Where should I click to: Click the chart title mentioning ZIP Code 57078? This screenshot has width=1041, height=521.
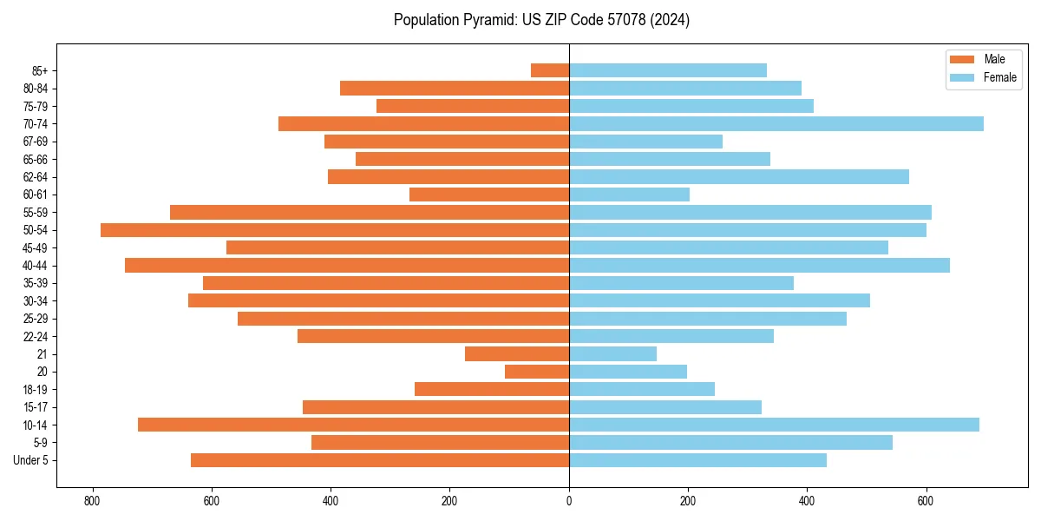[x=541, y=20]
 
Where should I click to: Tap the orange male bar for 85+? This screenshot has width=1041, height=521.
[x=550, y=70]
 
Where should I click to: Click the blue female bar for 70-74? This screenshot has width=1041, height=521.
[x=776, y=123]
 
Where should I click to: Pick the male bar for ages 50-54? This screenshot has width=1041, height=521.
[x=335, y=230]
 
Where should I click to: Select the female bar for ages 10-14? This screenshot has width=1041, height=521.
[x=774, y=425]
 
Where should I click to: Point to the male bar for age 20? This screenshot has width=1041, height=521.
[x=537, y=372]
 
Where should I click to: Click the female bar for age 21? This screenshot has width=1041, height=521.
[x=612, y=353]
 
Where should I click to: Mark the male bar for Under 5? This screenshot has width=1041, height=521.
[x=380, y=460]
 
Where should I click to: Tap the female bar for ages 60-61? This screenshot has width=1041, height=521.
[x=629, y=195]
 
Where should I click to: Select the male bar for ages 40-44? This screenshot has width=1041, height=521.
[x=347, y=265]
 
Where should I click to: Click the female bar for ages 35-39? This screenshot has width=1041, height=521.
[x=681, y=283]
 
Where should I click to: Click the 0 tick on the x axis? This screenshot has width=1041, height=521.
[x=569, y=501]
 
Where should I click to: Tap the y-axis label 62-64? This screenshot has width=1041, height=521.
[x=36, y=177]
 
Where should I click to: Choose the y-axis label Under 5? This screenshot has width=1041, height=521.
[x=31, y=460]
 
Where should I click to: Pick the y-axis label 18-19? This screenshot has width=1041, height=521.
[x=36, y=389]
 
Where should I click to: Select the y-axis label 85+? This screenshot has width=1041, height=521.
[x=39, y=70]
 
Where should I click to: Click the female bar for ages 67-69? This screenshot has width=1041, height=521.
[x=645, y=142]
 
